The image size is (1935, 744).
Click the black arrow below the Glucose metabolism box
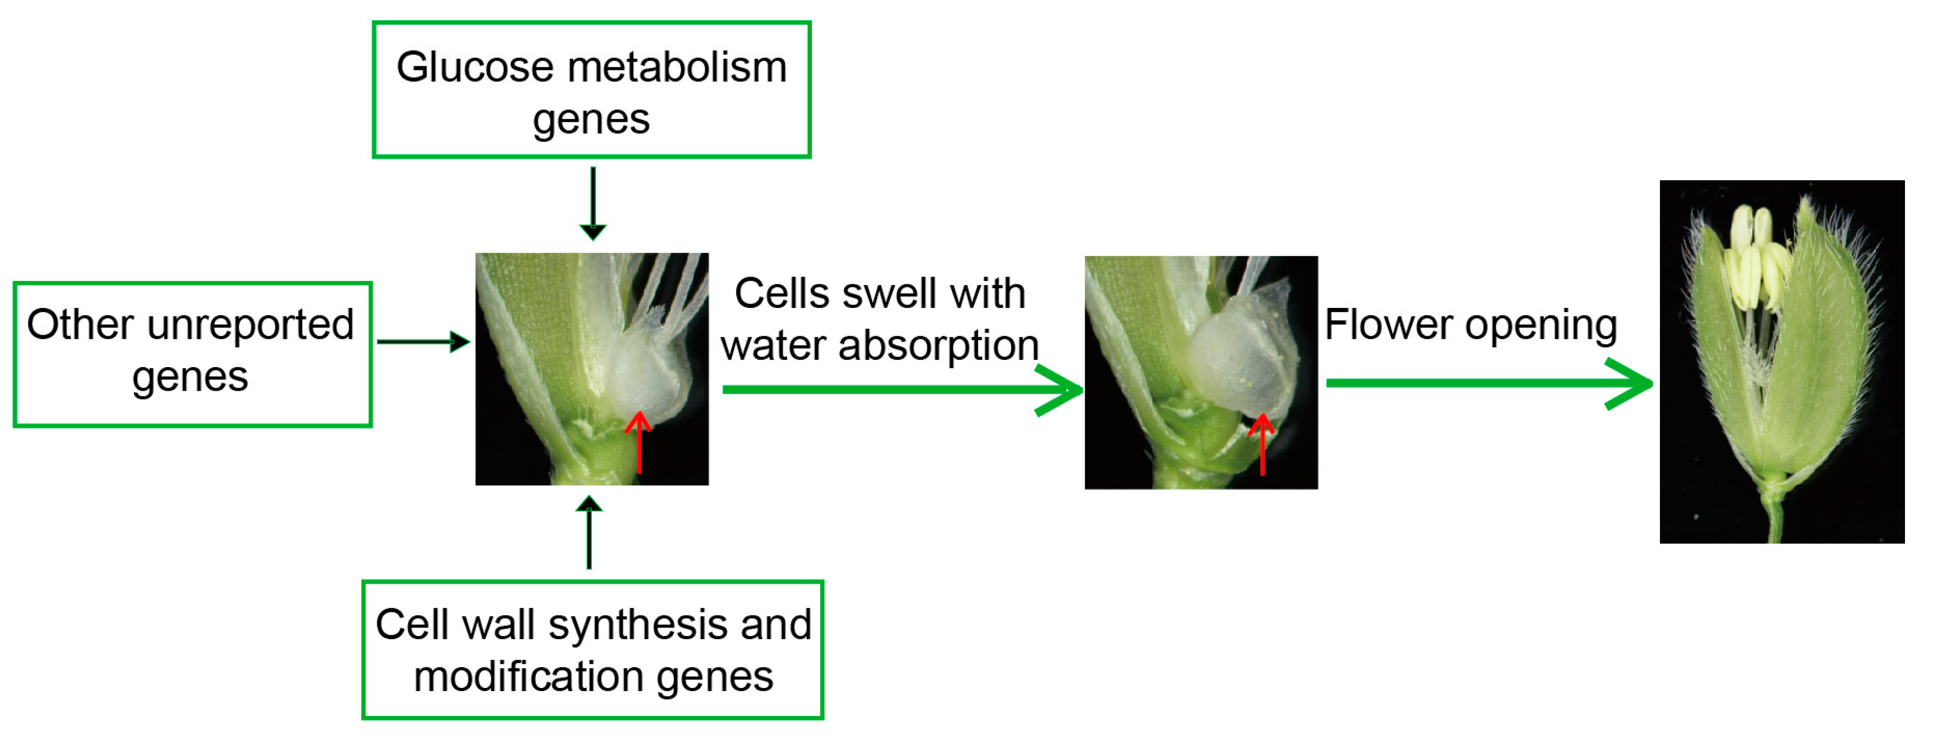[593, 203]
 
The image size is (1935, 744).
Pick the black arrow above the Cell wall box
[589, 532]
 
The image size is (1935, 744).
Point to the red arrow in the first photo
[638, 442]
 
